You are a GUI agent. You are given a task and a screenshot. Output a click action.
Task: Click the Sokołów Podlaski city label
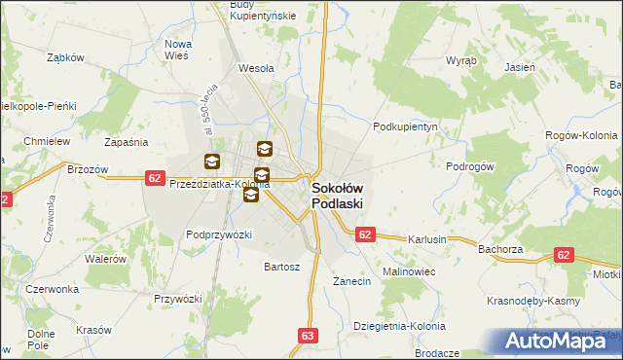coord(337,196)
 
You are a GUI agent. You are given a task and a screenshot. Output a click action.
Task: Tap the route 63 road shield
coord(309,336)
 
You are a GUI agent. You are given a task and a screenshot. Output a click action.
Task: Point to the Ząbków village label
coord(67,57)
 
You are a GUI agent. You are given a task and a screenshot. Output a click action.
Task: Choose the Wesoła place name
coord(257,69)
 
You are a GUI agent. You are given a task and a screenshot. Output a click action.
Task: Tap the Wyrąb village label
coord(460,60)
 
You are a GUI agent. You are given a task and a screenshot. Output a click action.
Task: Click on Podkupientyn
coord(407,126)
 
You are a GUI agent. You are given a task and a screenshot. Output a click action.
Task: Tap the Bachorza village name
coord(501,249)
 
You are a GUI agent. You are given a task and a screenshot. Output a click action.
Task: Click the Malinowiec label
coord(408,271)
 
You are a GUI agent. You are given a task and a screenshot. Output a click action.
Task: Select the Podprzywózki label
coord(219,234)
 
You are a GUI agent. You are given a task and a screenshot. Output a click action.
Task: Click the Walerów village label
coord(105,259)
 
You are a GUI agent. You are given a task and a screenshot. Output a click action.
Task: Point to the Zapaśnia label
coord(126,142)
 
